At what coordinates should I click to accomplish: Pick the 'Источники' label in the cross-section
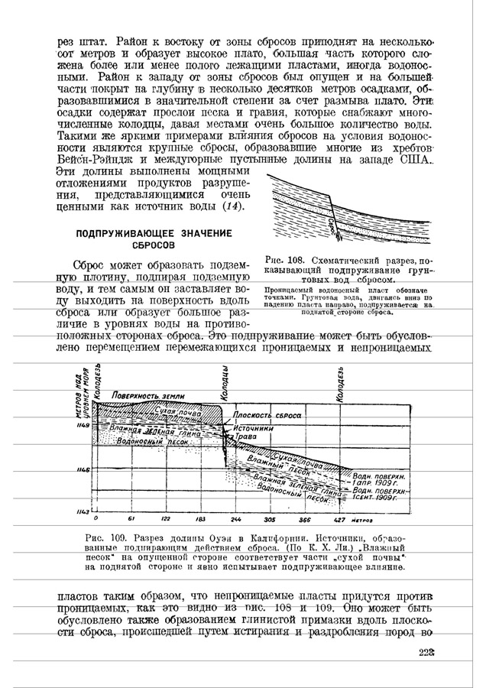click(254, 428)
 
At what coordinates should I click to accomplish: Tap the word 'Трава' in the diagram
click(245, 436)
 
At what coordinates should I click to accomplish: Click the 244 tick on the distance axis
click(235, 518)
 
